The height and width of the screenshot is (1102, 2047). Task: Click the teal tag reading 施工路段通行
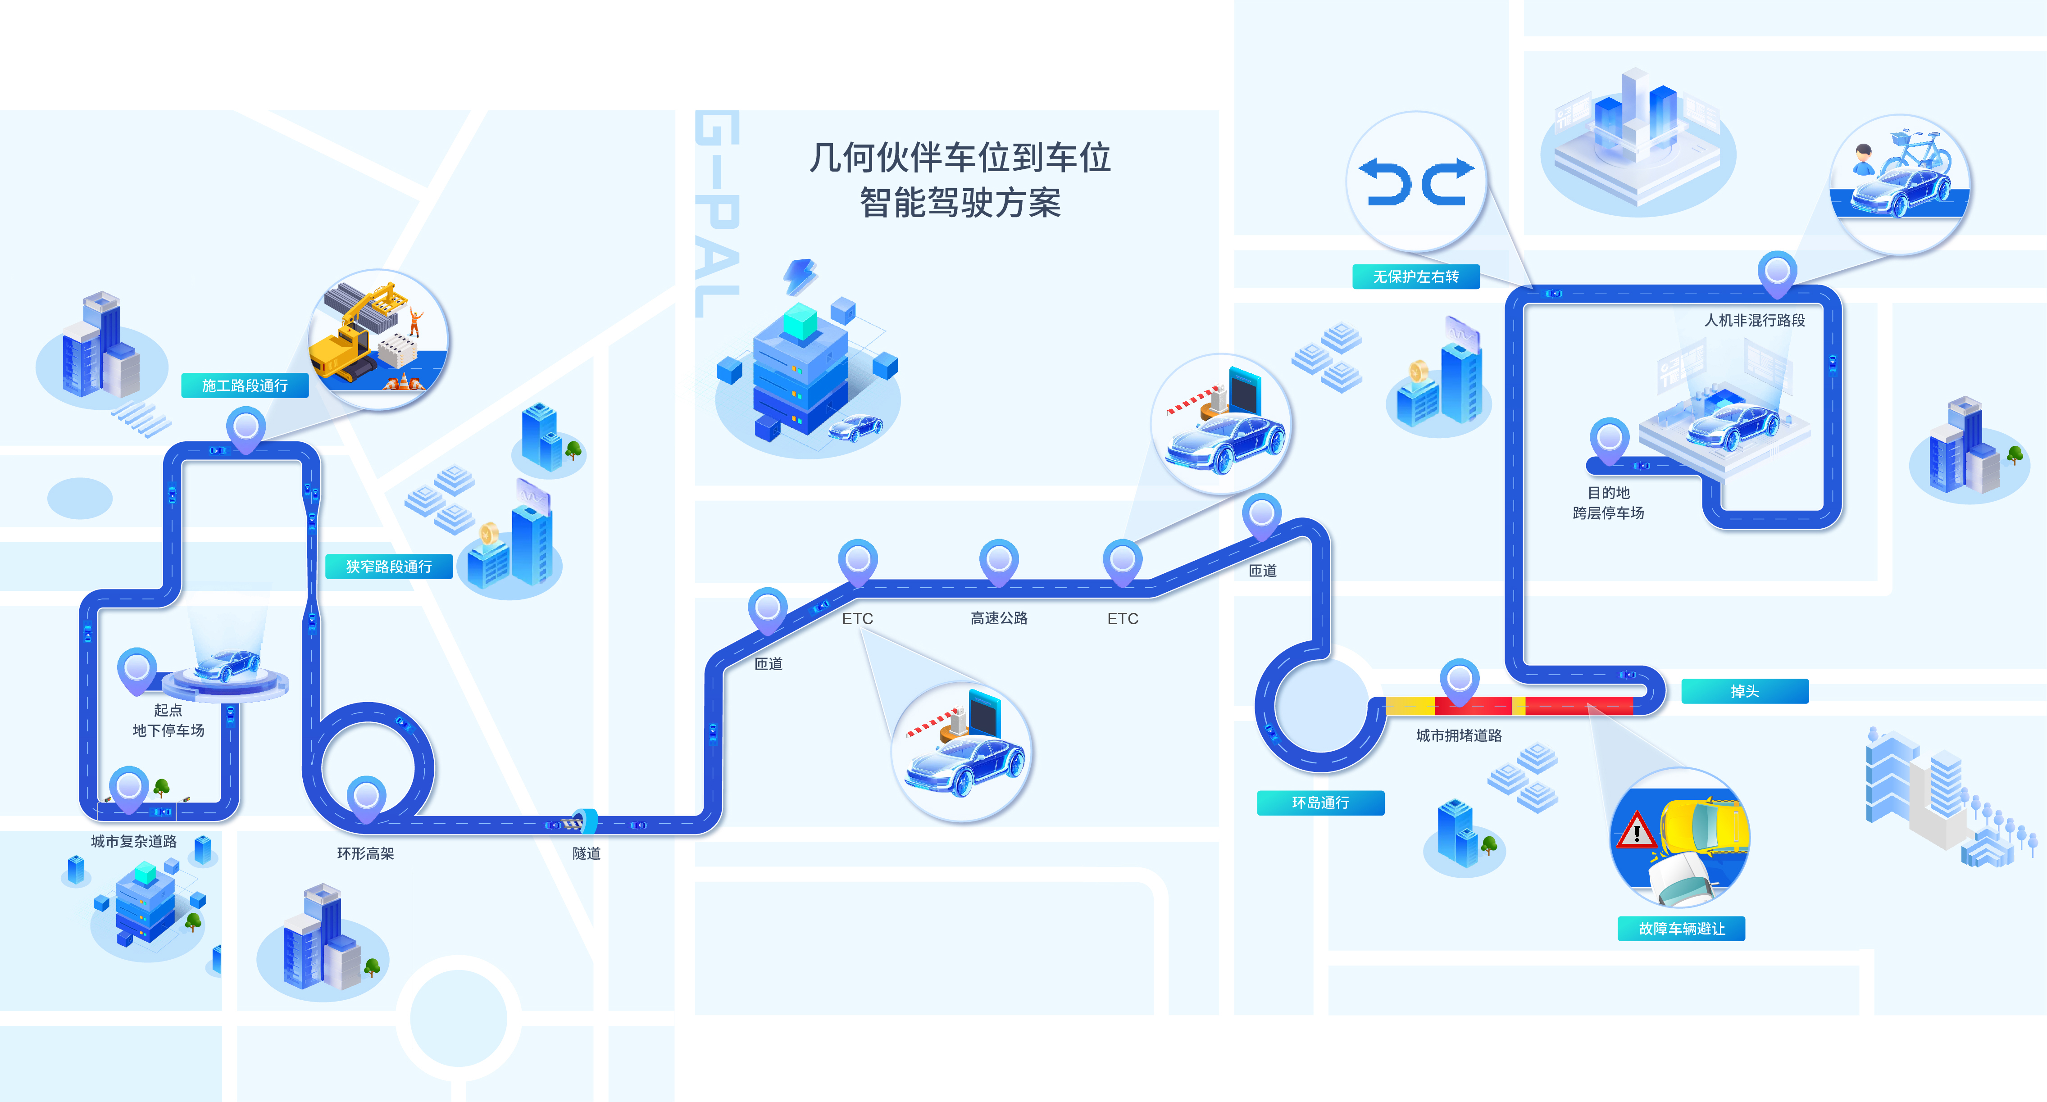pos(245,385)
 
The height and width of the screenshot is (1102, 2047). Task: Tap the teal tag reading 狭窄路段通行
pos(389,567)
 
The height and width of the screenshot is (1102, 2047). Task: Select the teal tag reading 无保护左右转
pos(1415,277)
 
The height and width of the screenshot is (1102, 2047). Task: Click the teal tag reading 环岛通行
pos(1320,803)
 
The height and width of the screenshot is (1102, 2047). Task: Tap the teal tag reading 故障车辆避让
pos(1682,929)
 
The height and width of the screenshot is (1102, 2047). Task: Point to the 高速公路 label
pos(999,618)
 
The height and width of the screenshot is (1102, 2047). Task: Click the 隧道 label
pos(587,853)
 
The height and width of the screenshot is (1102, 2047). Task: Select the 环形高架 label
pos(365,853)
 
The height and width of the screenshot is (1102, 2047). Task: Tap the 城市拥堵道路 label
pos(1459,736)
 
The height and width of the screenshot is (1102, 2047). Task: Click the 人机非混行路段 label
pos(1755,320)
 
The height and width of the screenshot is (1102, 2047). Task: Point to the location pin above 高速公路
pos(999,560)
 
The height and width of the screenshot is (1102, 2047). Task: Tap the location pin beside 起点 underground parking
pos(136,669)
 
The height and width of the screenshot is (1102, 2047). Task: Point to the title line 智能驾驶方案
pos(960,203)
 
